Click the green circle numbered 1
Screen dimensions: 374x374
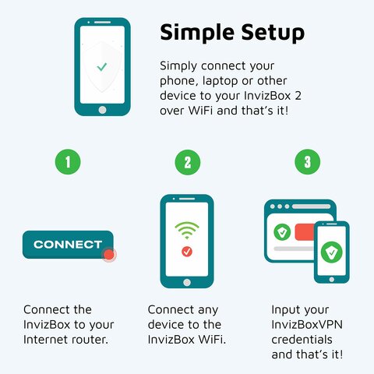pos(68,162)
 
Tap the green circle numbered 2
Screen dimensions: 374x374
pos(188,162)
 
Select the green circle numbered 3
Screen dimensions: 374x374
pos(308,162)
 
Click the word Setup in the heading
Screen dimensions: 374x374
pos(273,33)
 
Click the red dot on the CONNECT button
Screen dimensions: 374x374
pos(109,255)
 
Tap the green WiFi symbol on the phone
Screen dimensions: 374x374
pos(187,231)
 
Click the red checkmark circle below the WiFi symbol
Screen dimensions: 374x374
pos(187,252)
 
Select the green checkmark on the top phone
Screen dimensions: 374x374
pos(102,67)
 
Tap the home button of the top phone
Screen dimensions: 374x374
pos(102,110)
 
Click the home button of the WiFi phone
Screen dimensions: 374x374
pos(187,282)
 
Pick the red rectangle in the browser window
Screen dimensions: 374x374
pos(305,232)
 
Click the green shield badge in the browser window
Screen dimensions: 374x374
pos(282,232)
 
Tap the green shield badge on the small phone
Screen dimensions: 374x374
pos(332,252)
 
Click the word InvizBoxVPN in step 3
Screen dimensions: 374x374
pos(307,325)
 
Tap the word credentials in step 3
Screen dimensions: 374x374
pos(302,340)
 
